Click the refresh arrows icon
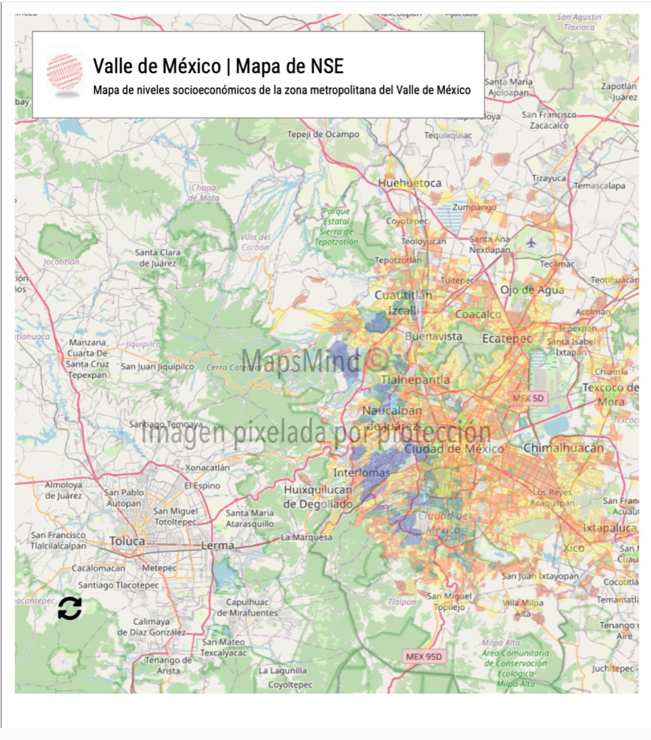[70, 608]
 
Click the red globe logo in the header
[65, 72]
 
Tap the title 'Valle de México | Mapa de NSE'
[218, 66]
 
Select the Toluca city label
[128, 541]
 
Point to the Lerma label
[218, 545]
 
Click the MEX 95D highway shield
[424, 656]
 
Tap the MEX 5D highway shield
[528, 398]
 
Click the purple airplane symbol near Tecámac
[531, 243]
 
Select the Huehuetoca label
[410, 183]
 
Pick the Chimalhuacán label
[563, 448]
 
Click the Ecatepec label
[507, 339]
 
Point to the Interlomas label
[361, 472]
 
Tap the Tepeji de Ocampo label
[323, 134]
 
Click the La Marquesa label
[306, 537]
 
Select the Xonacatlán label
[207, 468]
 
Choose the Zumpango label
[474, 207]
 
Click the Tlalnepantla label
[415, 380]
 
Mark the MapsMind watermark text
[313, 360]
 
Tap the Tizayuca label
[549, 178]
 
